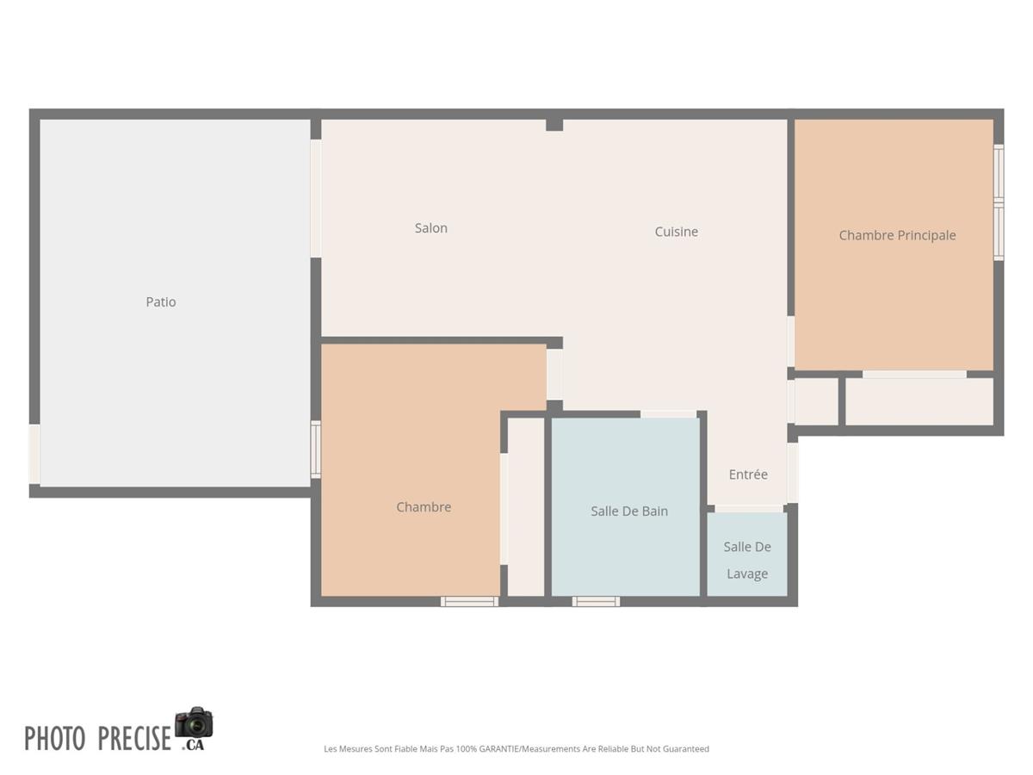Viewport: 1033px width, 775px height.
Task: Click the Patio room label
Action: [161, 302]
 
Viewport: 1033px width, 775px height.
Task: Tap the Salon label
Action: [431, 228]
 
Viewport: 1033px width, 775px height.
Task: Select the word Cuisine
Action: [677, 232]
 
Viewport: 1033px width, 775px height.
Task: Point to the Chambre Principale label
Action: [897, 235]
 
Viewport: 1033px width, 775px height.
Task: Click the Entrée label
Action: [748, 474]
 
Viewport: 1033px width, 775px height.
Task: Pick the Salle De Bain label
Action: [629, 512]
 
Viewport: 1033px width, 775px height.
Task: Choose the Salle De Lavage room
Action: [747, 560]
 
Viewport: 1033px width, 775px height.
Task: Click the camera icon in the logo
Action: [194, 723]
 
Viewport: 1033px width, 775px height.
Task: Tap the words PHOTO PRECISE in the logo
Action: [97, 739]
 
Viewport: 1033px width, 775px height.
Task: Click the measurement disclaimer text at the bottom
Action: [516, 749]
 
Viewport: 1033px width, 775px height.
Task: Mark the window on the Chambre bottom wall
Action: [469, 601]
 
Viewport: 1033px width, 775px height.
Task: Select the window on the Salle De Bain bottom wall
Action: [596, 601]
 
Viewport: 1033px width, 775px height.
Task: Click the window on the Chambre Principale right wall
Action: [999, 203]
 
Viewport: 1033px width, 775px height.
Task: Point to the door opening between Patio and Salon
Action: [316, 198]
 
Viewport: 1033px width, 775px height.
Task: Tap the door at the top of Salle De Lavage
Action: [749, 509]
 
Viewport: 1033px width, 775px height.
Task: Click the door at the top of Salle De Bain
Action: [668, 414]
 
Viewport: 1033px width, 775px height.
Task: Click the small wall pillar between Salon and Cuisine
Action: [554, 125]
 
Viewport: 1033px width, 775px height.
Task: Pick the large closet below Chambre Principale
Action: [919, 401]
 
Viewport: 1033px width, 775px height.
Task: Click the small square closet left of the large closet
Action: [816, 401]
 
